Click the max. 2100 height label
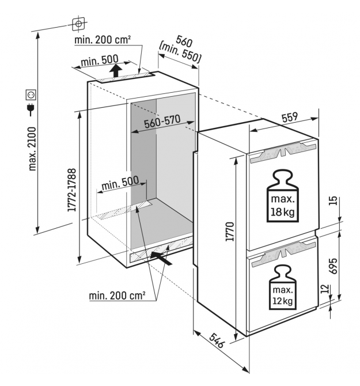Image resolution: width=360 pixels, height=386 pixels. click(x=32, y=149)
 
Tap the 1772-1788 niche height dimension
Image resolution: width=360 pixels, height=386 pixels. click(x=72, y=190)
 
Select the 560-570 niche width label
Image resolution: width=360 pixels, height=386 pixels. click(x=162, y=122)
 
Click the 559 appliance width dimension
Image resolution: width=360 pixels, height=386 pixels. click(x=290, y=117)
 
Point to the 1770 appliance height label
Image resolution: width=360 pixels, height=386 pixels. click(x=230, y=232)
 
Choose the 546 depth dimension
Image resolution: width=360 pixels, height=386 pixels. click(x=217, y=340)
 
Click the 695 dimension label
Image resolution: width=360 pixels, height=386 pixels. click(x=333, y=266)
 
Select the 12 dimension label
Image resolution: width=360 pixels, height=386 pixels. click(x=325, y=289)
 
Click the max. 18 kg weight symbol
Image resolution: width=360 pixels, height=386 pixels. click(x=282, y=196)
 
